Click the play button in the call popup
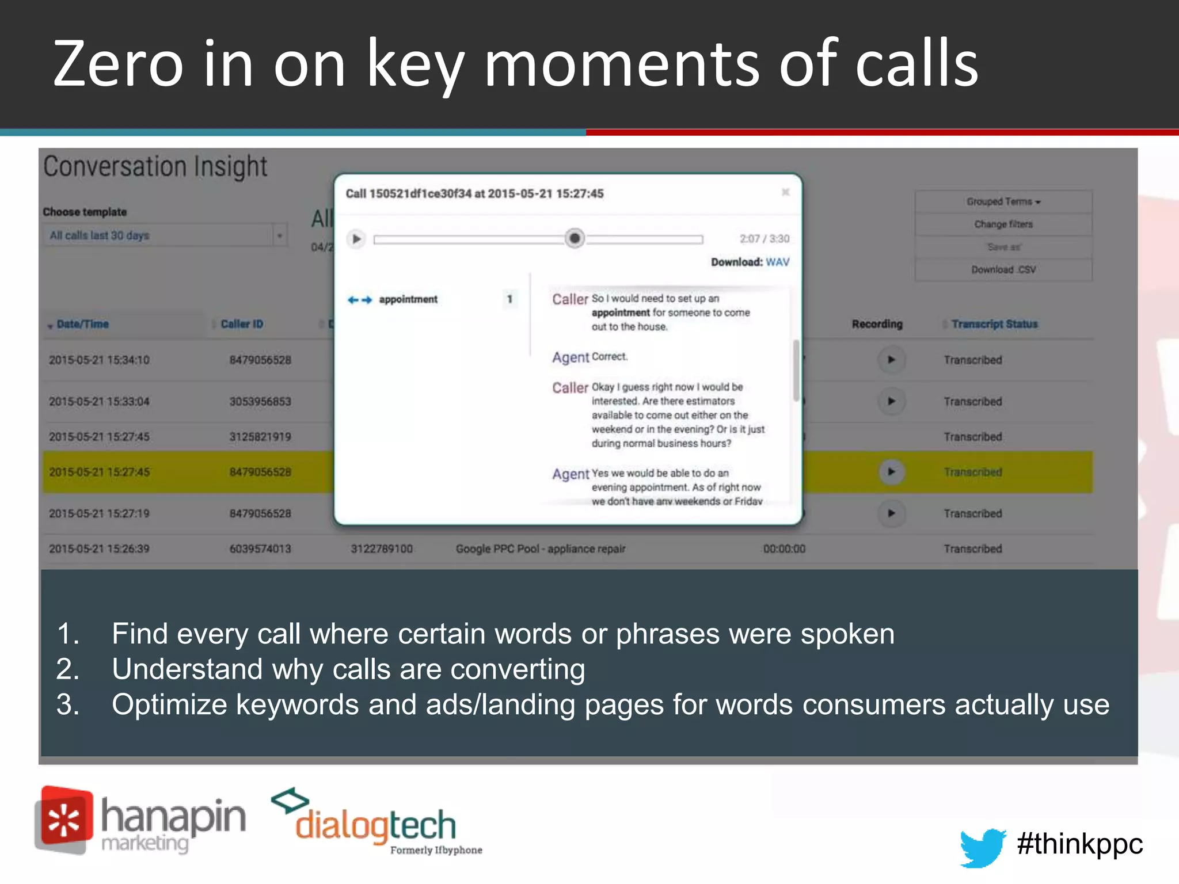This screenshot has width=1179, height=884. point(356,238)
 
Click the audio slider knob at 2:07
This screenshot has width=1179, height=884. point(574,238)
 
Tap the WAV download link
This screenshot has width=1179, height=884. point(777,262)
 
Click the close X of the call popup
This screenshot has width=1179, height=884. point(785,192)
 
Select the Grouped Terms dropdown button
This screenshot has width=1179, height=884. point(1003,202)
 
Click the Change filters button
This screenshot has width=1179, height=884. point(1003,224)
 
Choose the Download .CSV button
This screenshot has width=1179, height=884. point(1003,270)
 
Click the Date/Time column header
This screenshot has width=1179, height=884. point(82,324)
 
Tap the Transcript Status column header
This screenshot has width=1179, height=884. point(994,324)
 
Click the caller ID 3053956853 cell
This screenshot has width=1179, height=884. point(260,401)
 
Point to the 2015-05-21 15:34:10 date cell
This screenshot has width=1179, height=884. point(99,360)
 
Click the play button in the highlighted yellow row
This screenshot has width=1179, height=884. point(891,472)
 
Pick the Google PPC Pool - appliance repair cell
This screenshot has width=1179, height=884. point(540,549)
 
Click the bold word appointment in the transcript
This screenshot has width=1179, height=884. point(621,313)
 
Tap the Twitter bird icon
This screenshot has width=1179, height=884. point(982,847)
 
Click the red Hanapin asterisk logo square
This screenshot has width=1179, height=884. point(64,820)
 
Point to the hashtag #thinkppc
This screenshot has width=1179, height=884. point(1079,844)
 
